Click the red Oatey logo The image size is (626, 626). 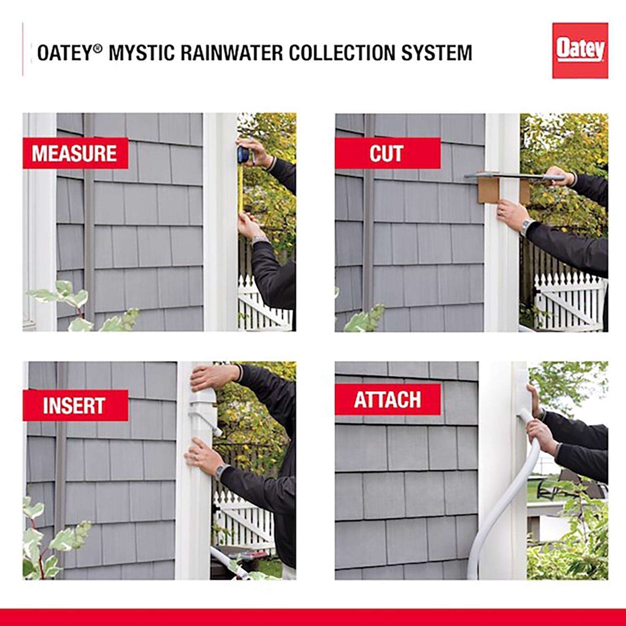click(580, 50)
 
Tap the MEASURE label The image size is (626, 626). click(75, 153)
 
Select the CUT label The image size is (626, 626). click(387, 153)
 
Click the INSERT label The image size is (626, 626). click(75, 405)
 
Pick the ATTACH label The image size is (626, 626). click(387, 399)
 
